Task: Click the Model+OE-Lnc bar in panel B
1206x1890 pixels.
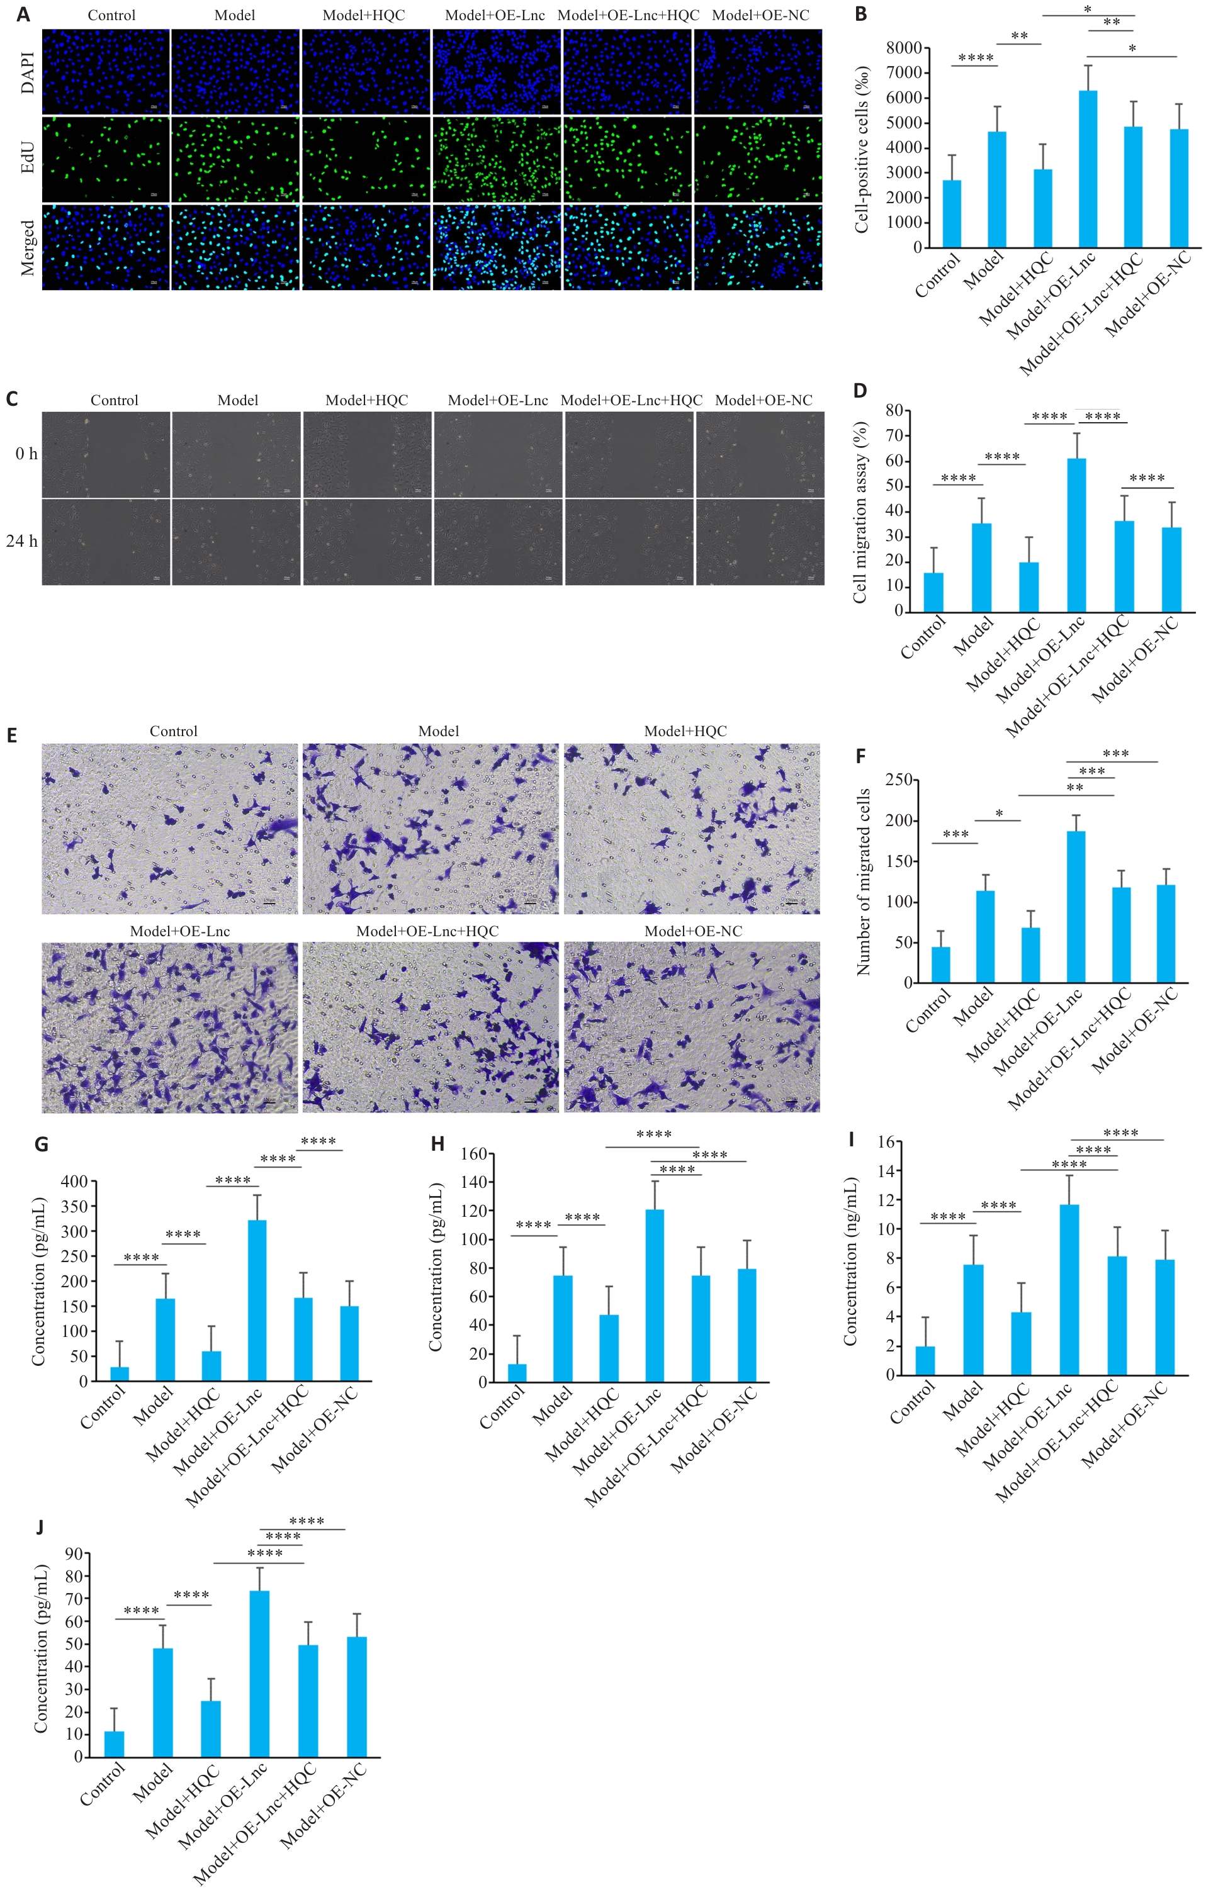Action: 1088,169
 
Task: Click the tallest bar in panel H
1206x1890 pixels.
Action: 654,1295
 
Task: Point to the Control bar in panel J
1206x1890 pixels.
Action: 114,1743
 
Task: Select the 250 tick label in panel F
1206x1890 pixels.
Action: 898,780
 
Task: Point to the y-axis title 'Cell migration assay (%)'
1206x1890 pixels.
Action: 860,512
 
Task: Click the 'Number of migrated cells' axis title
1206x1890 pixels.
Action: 864,882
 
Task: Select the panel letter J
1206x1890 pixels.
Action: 39,1526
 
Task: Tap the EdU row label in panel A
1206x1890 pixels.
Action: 28,158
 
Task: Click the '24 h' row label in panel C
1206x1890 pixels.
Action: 22,541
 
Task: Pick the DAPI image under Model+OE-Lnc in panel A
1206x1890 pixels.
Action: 496,72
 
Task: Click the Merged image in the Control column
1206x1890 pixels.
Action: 106,247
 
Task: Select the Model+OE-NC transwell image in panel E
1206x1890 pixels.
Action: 692,1027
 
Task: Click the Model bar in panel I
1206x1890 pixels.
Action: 973,1319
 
